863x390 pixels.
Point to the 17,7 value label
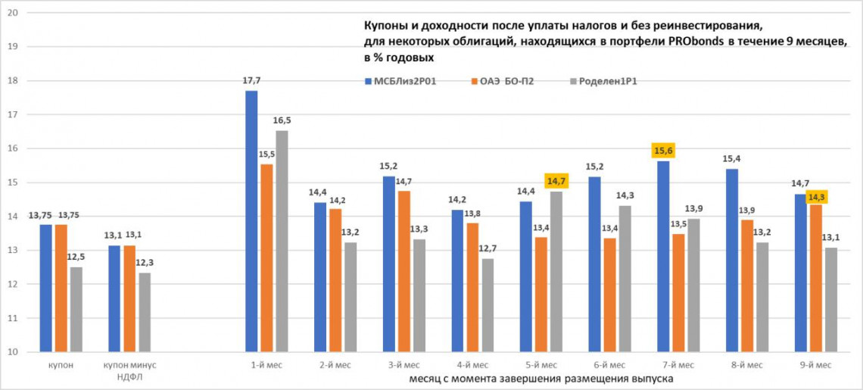coord(251,80)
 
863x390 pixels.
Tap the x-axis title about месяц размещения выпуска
coord(541,377)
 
